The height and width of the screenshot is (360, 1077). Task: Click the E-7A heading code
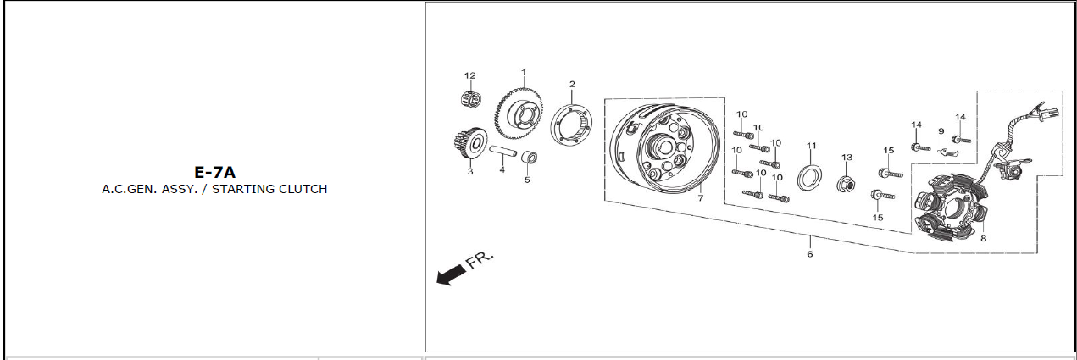point(214,172)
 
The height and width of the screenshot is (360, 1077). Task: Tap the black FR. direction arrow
point(451,275)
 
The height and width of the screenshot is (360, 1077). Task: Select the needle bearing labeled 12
point(471,99)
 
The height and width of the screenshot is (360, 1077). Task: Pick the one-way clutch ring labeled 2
point(571,124)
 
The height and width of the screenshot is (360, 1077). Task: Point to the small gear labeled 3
point(469,143)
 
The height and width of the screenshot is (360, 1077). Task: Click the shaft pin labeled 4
point(503,152)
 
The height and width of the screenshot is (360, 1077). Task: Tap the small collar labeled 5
point(530,158)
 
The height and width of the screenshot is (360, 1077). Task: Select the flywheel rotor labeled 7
point(666,149)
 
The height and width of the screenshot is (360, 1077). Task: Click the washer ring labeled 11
point(809,177)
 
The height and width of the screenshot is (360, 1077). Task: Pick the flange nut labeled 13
point(847,183)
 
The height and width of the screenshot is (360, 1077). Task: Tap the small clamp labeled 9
point(947,152)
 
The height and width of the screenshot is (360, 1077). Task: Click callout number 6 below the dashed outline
point(810,254)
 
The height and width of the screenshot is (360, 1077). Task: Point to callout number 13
point(847,158)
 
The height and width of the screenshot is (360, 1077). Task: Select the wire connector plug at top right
point(1050,114)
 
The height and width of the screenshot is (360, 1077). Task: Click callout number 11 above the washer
point(812,146)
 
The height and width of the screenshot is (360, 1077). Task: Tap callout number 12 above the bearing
point(469,75)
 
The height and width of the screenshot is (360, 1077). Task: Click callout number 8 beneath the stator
point(984,238)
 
